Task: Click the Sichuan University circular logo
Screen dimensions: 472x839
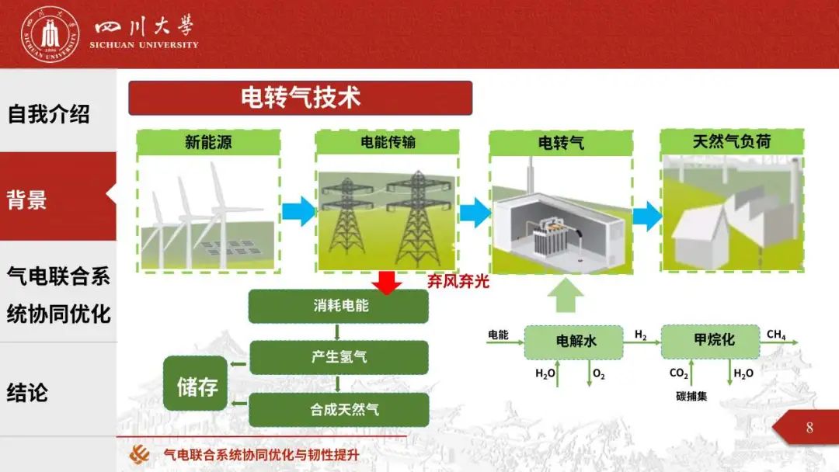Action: (50, 33)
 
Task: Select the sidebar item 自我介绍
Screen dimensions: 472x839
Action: (49, 114)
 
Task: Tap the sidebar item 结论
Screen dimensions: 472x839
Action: (28, 392)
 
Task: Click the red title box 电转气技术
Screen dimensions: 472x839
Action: (300, 98)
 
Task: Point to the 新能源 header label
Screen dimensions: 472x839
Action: (208, 142)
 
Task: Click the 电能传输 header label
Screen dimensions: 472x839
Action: (388, 142)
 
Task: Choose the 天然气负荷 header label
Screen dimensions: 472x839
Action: (731, 141)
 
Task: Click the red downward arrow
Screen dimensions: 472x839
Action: (387, 281)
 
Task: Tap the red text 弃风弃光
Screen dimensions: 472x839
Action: (458, 282)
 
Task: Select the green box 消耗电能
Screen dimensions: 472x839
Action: (338, 306)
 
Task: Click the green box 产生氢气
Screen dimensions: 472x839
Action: (338, 357)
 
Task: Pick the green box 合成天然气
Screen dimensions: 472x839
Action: (338, 409)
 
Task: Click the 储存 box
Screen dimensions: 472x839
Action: (196, 384)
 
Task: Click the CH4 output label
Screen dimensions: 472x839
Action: (775, 335)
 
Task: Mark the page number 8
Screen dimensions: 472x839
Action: (809, 428)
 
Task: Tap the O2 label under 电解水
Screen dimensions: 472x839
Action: (598, 374)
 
